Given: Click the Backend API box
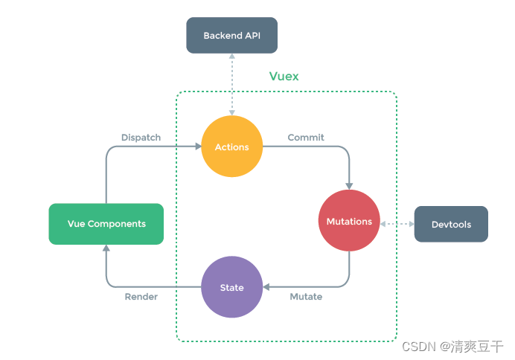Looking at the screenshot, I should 231,36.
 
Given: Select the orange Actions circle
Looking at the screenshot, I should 231,147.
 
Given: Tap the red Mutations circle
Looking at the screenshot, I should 349,221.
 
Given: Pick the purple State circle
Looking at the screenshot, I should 231,287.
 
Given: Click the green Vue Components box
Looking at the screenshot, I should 106,224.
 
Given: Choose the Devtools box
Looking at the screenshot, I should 451,224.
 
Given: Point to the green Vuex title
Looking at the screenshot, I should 284,77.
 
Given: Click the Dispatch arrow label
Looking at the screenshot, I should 141,138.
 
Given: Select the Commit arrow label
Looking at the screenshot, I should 306,138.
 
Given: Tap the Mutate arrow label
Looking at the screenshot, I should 305,297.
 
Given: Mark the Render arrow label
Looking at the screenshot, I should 141,297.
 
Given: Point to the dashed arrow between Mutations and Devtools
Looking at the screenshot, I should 397,222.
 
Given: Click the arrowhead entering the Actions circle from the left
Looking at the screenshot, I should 196,147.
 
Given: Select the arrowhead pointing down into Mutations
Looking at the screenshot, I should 349,185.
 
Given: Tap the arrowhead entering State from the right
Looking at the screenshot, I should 267,287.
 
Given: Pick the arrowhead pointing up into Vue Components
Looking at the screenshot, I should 106,250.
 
